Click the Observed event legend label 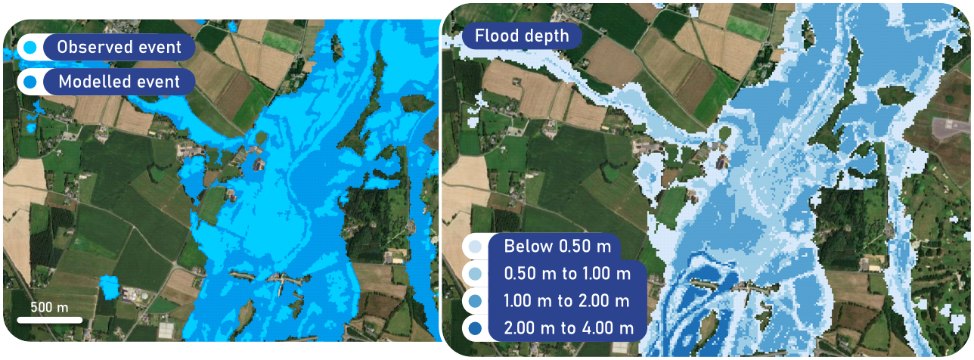coord(119,48)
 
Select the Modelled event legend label coord(119,82)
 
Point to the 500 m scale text coord(50,307)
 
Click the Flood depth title coord(521,36)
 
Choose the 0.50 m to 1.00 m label coord(567,274)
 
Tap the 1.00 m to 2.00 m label coord(567,301)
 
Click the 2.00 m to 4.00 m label coord(567,328)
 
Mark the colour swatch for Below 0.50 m coord(473,247)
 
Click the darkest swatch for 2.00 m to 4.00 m coord(473,329)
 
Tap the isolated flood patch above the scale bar coord(109,286)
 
